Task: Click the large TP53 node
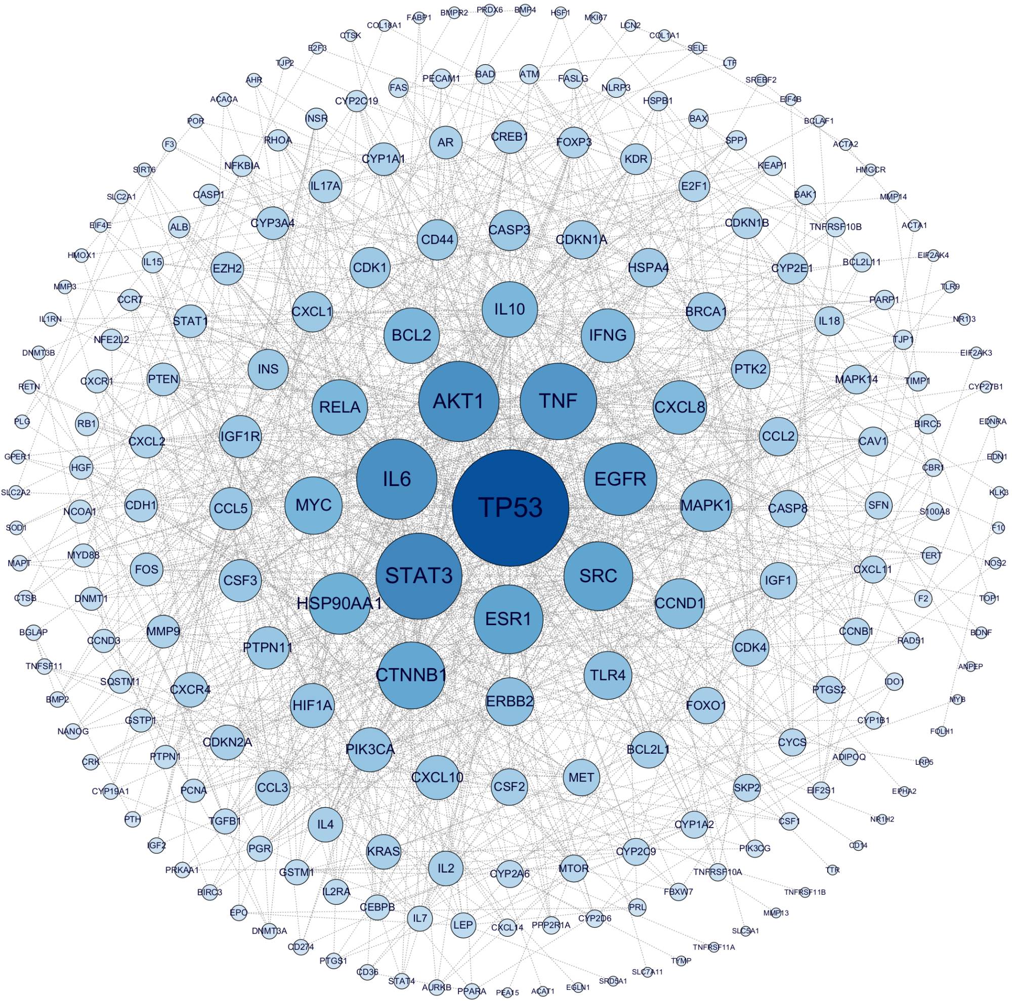[x=510, y=507]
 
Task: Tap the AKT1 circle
[x=458, y=402]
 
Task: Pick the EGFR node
[x=620, y=478]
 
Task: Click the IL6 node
[x=397, y=478]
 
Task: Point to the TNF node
[x=558, y=402]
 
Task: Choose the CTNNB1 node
[x=411, y=675]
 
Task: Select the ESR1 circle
[x=508, y=619]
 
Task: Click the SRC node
[x=598, y=576]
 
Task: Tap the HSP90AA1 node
[x=340, y=603]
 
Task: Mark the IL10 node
[x=509, y=309]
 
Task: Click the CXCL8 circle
[x=680, y=407]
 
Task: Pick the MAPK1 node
[x=705, y=506]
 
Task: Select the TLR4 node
[x=608, y=675]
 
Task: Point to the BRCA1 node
[x=705, y=312]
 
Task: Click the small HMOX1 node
[x=81, y=255]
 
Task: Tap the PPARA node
[x=472, y=990]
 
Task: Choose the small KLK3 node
[x=998, y=493]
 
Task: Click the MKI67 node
[x=596, y=18]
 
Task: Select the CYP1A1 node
[x=384, y=159]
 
